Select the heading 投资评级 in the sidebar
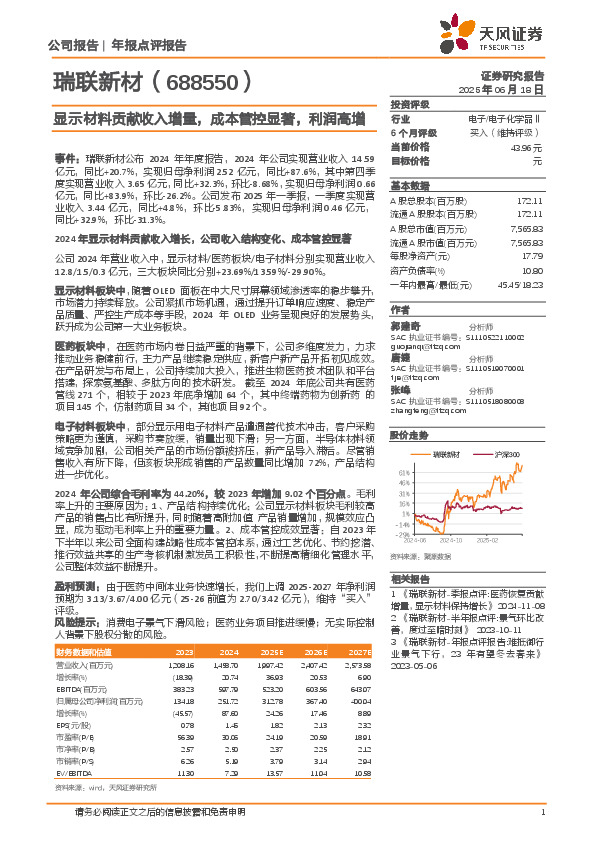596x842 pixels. [x=410, y=104]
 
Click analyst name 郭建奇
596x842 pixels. [x=404, y=325]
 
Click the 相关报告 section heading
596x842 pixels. [x=410, y=579]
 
